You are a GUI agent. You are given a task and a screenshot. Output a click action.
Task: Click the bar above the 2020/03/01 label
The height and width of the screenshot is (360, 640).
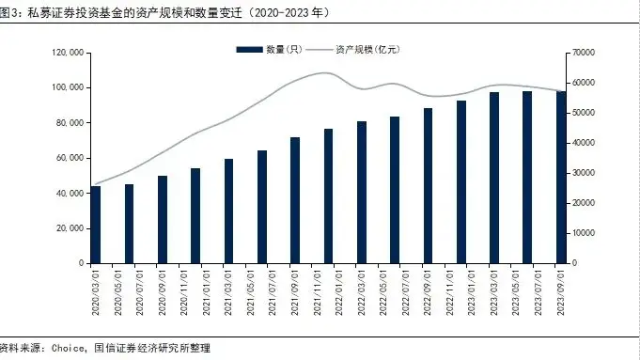[95, 225]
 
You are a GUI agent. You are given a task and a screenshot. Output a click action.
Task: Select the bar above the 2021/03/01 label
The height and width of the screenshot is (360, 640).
[228, 211]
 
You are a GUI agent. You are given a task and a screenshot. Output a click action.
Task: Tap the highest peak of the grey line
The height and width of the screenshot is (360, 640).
[324, 72]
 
